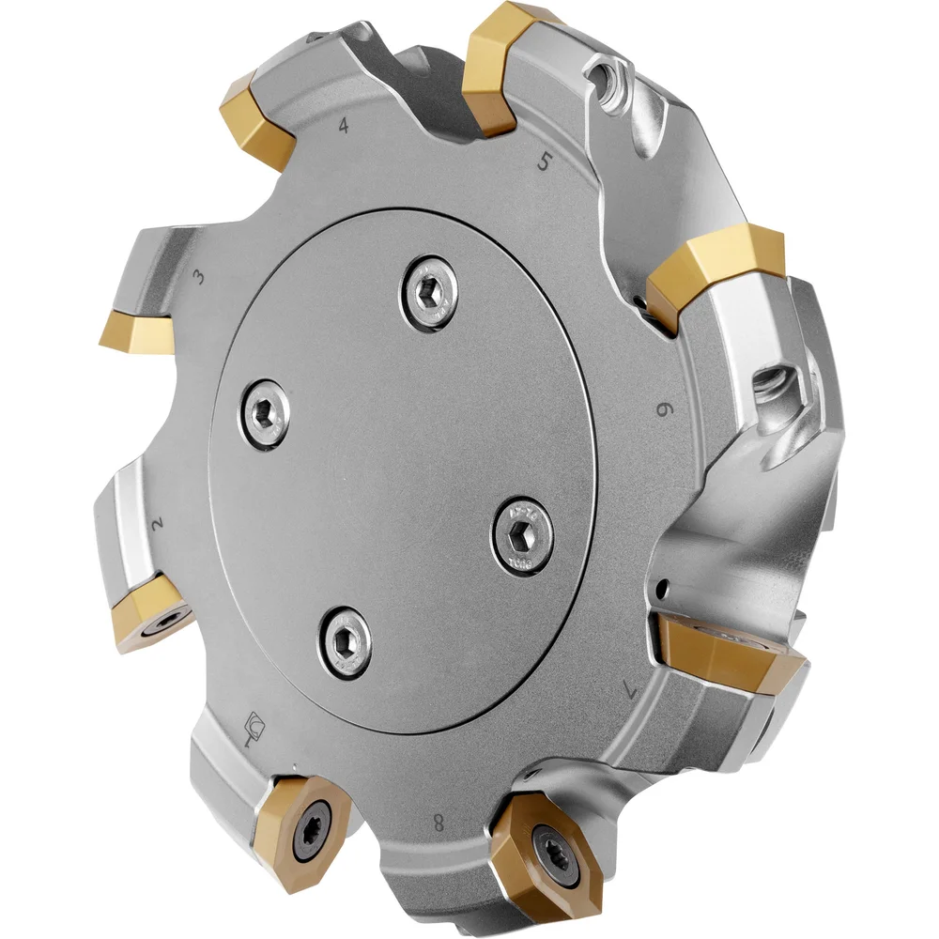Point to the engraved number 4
[x=344, y=125]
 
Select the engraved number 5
[x=544, y=162]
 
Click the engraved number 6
[x=664, y=409]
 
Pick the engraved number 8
[x=439, y=824]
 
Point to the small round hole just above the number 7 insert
[x=664, y=590]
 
